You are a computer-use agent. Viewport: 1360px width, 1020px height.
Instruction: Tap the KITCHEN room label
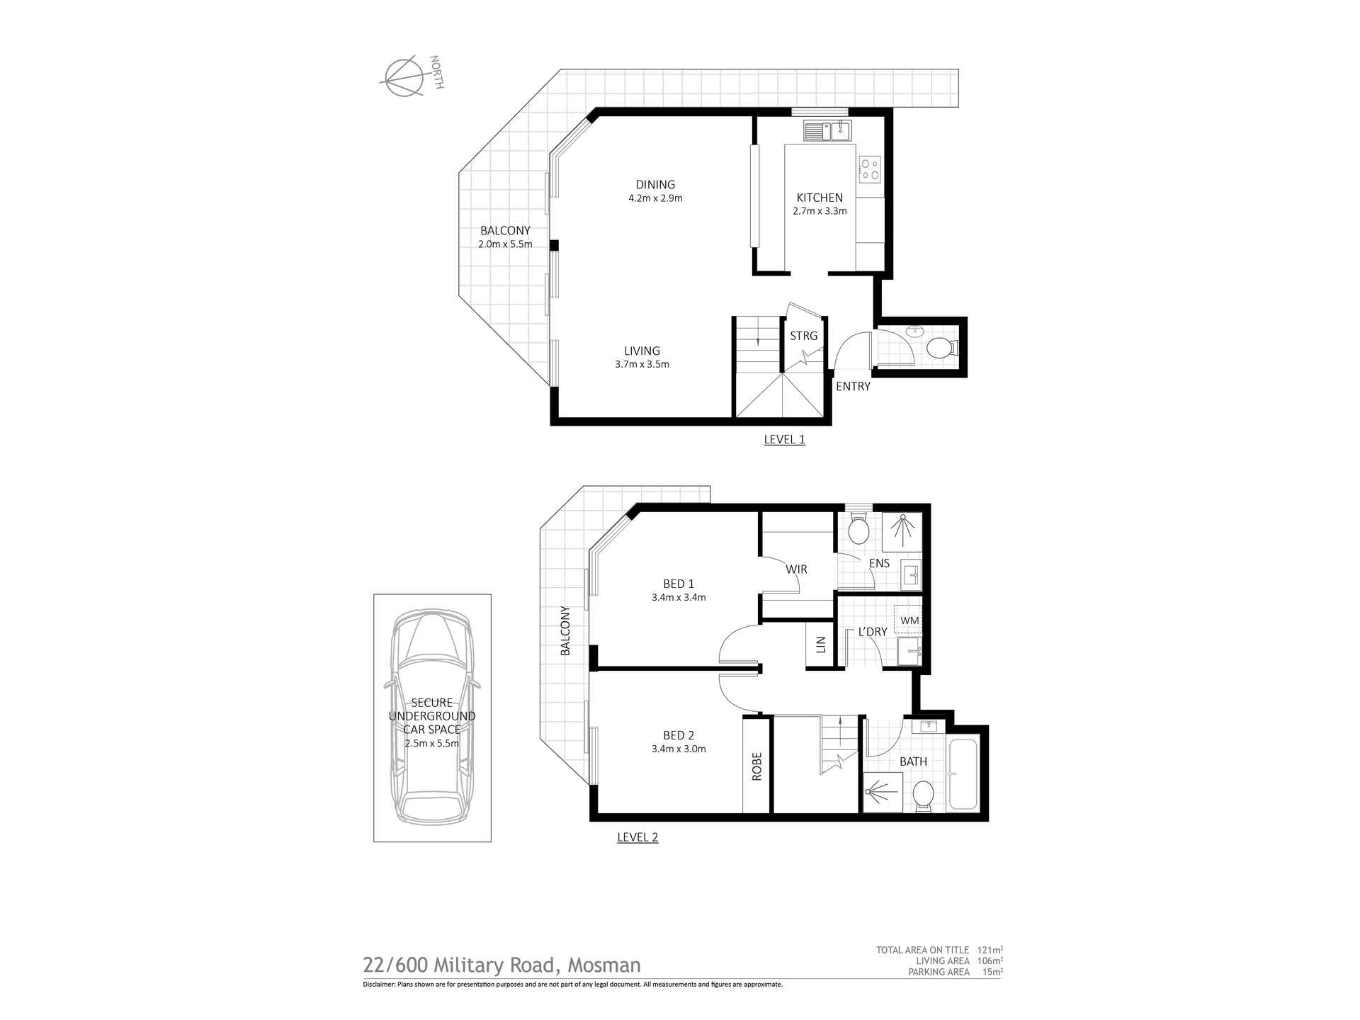820,198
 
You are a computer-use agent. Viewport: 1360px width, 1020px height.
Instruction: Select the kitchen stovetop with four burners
870,169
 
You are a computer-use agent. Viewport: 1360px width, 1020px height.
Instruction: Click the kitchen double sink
827,131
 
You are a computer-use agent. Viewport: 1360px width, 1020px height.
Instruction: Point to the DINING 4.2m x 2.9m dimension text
655,198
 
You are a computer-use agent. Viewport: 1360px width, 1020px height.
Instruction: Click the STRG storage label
803,336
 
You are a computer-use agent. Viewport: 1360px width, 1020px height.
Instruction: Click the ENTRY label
853,387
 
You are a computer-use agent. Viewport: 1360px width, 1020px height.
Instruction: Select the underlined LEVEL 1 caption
784,439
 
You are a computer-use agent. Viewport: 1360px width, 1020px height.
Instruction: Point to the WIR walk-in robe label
796,569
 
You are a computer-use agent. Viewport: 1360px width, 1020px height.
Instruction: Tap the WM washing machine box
909,620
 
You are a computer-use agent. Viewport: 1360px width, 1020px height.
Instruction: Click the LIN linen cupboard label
821,645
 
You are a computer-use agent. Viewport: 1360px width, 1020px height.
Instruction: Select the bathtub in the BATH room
962,775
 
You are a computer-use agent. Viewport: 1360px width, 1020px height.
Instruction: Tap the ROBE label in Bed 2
756,766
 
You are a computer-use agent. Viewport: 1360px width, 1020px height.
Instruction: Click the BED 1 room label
678,584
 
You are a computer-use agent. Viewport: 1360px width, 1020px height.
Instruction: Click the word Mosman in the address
606,965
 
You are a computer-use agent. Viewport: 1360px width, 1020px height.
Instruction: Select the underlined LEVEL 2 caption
637,837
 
